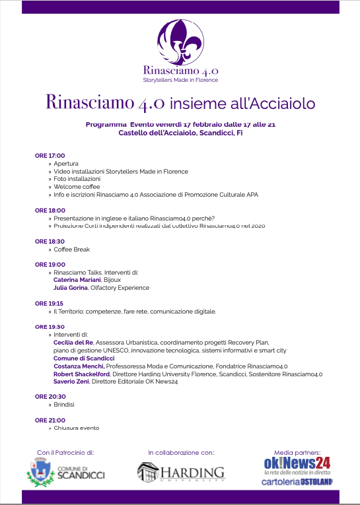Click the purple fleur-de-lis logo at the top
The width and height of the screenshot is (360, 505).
click(x=180, y=40)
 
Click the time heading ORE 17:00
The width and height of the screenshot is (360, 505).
click(x=50, y=155)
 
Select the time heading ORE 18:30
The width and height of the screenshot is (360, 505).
click(x=50, y=242)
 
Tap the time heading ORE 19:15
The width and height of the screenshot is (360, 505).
click(x=50, y=303)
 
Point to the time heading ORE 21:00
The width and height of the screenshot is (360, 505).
click(x=50, y=420)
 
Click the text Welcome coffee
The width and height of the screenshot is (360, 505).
click(x=76, y=187)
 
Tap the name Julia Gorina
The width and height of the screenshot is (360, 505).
click(x=71, y=288)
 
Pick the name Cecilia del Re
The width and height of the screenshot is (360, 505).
click(x=74, y=343)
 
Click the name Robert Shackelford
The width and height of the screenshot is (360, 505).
click(x=81, y=374)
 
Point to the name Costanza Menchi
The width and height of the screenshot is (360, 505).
click(x=79, y=366)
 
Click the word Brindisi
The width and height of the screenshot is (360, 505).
click(x=67, y=404)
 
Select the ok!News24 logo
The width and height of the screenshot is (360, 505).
click(x=297, y=463)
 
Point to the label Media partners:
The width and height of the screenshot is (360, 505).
click(x=297, y=453)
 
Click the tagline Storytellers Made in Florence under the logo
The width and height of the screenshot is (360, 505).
click(x=180, y=80)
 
